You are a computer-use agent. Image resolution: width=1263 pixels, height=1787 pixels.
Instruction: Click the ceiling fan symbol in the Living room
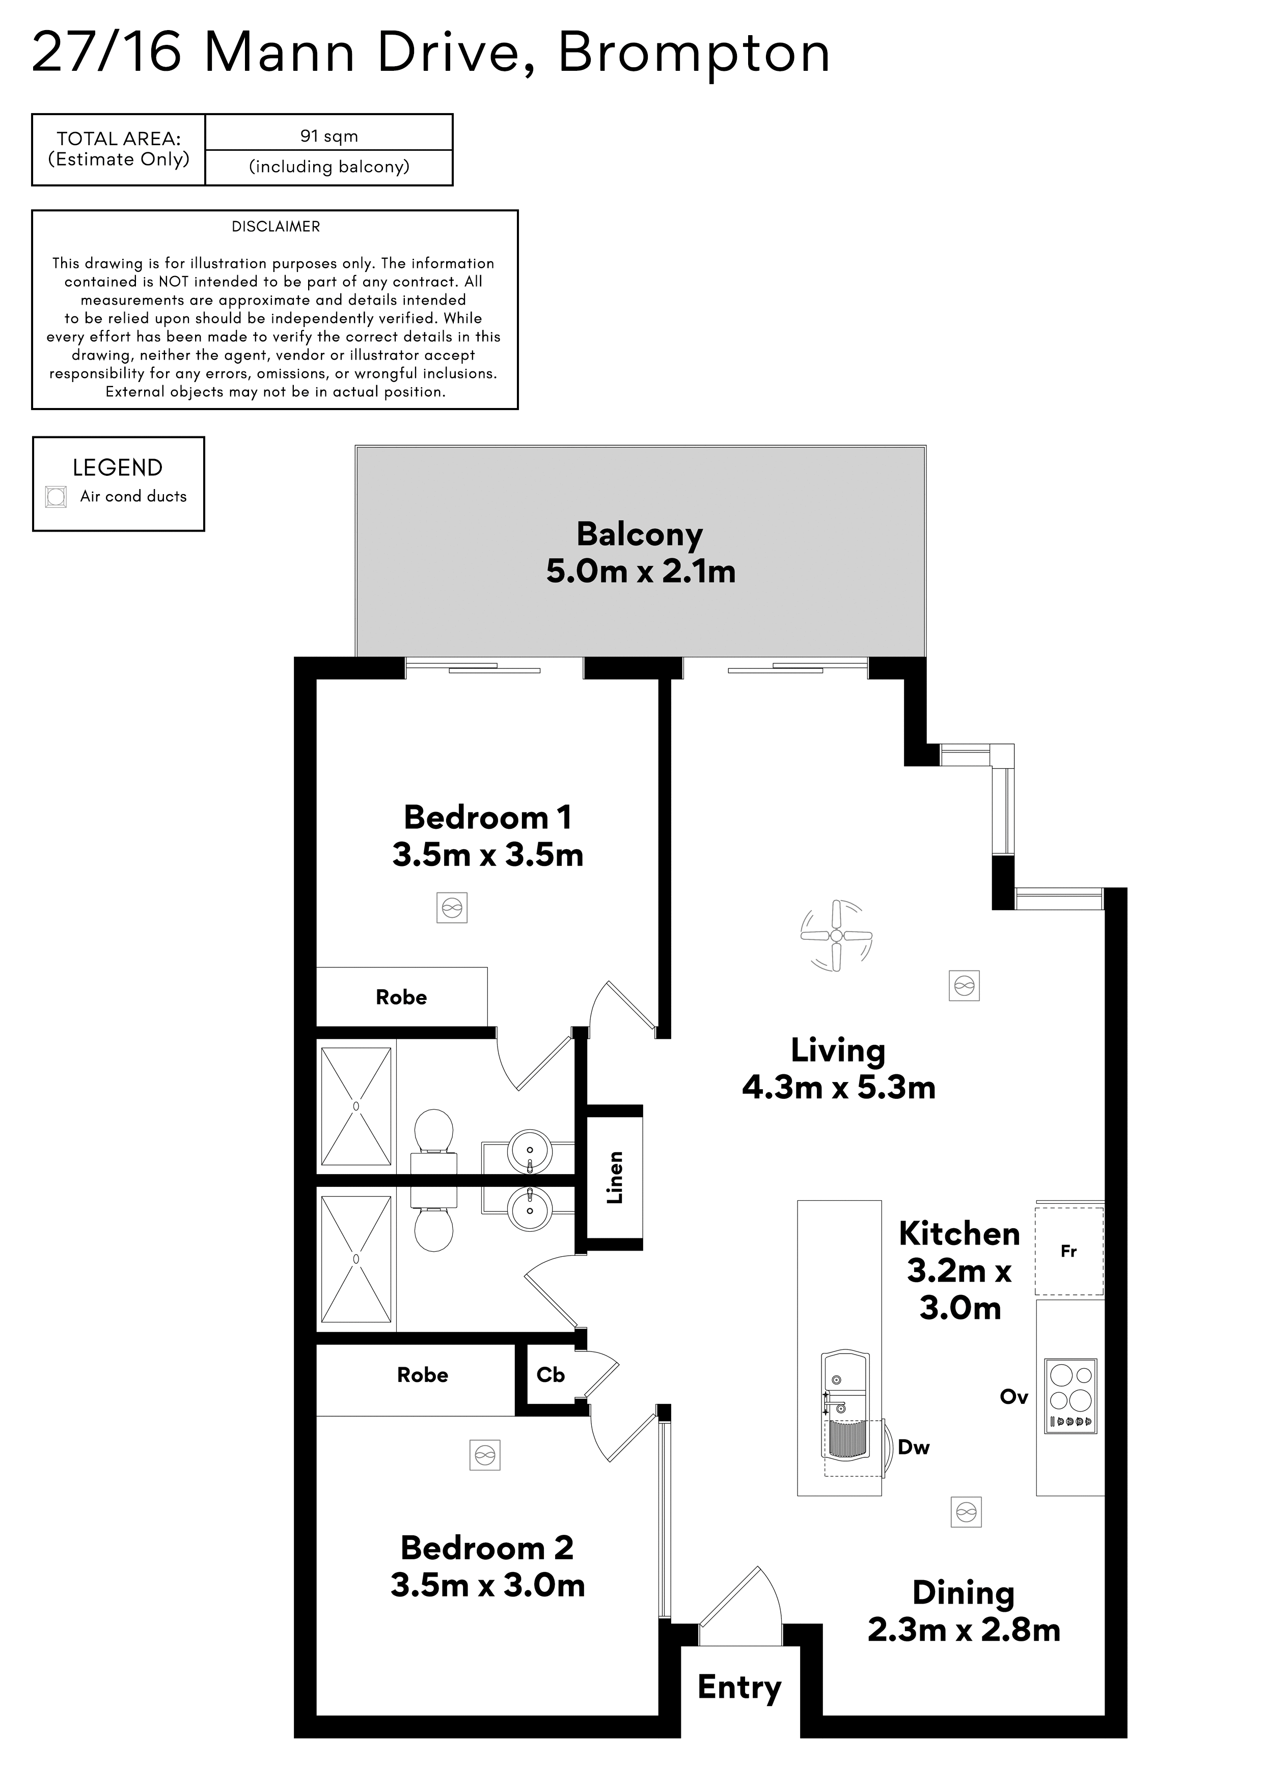837,936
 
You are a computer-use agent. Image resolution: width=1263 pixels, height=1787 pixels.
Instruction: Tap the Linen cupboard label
615,1178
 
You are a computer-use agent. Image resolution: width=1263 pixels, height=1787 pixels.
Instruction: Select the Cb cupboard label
550,1374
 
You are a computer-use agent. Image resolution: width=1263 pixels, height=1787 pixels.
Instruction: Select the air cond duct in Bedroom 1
452,908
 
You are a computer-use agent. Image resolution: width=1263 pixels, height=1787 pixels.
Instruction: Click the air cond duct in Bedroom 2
485,1455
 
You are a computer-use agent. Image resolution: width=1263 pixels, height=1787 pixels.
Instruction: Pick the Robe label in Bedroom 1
401,997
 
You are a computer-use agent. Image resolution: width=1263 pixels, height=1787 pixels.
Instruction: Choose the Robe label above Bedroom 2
423,1374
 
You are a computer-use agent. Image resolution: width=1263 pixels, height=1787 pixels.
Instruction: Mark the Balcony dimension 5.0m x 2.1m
641,571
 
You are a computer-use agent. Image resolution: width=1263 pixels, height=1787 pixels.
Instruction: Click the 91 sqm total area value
329,136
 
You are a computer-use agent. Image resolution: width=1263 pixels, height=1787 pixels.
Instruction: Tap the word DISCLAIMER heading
276,227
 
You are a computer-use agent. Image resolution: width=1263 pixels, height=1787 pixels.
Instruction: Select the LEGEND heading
118,468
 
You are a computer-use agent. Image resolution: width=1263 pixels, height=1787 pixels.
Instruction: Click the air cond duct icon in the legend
55,497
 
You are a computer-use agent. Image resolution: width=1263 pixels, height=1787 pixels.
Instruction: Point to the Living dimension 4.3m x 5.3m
839,1087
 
